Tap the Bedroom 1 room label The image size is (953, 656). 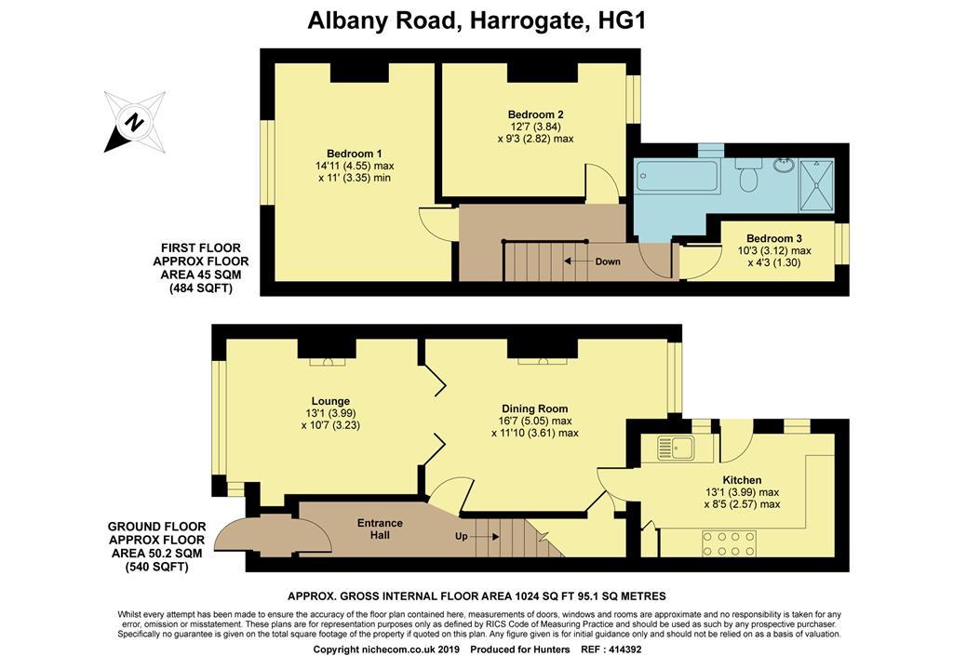click(354, 154)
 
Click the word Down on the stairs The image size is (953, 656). click(607, 261)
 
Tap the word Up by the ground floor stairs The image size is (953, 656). click(462, 537)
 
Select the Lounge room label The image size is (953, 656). click(330, 401)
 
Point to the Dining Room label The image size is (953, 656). click(534, 408)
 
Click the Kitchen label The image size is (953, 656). click(742, 480)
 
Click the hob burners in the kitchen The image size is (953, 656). click(730, 543)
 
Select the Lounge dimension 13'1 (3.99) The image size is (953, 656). click(330, 413)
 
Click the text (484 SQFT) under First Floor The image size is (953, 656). click(201, 288)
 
